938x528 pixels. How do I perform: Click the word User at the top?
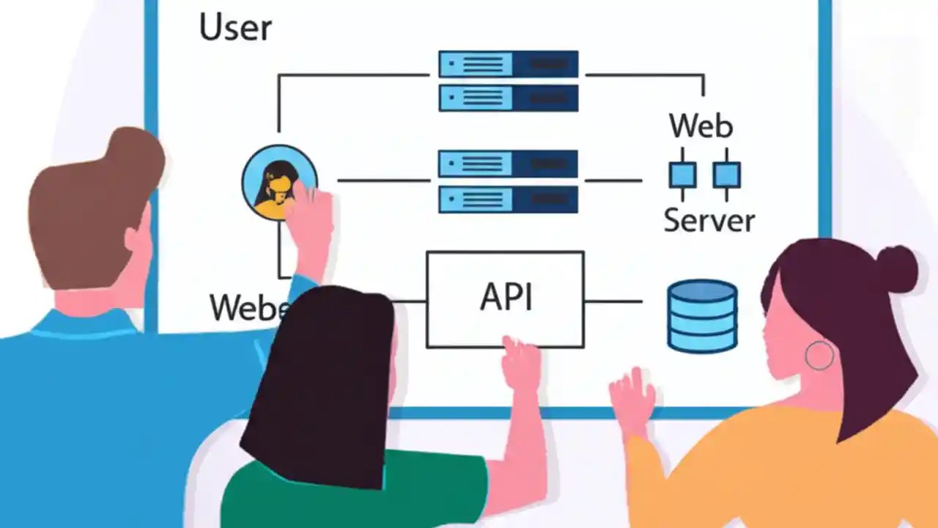tap(235, 27)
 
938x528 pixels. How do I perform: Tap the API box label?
tap(506, 297)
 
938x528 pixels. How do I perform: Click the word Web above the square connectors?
tap(701, 126)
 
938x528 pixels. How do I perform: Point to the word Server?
tap(709, 220)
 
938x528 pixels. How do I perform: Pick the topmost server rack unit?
tap(508, 64)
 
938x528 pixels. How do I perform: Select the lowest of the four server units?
tap(508, 199)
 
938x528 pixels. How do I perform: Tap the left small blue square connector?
tap(682, 175)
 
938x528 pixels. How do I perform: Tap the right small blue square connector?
tap(726, 175)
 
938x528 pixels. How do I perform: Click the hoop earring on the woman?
tap(819, 355)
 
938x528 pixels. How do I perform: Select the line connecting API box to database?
tap(613, 301)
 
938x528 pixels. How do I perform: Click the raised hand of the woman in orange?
tap(632, 400)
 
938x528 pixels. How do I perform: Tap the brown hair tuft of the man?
tap(136, 154)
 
